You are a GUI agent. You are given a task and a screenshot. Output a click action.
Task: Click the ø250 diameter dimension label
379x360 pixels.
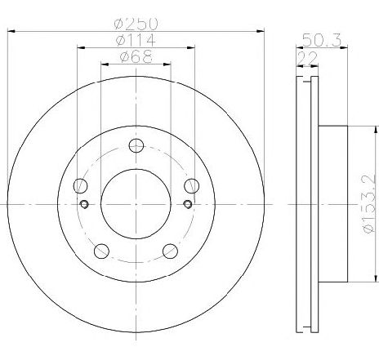pyautogui.click(x=136, y=24)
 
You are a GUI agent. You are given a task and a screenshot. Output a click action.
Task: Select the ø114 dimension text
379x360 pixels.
pyautogui.click(x=136, y=40)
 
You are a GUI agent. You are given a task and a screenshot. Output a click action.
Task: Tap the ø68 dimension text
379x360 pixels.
pyautogui.click(x=136, y=56)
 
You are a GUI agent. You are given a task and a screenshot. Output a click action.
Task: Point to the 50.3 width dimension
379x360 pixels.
pyautogui.click(x=322, y=40)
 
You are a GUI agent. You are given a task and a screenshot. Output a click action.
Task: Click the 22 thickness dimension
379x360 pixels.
pyautogui.click(x=307, y=58)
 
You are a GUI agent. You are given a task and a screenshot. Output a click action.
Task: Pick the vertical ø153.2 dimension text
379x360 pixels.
pyautogui.click(x=369, y=203)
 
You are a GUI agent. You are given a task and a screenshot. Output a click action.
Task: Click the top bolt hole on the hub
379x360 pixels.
pyautogui.click(x=136, y=145)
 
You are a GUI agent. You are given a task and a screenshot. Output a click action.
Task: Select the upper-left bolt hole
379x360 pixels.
pyautogui.click(x=80, y=186)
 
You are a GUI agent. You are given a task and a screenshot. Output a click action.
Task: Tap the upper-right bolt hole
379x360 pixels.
pyautogui.click(x=191, y=186)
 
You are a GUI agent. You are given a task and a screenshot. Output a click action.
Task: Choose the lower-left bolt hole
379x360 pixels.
pyautogui.click(x=101, y=251)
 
